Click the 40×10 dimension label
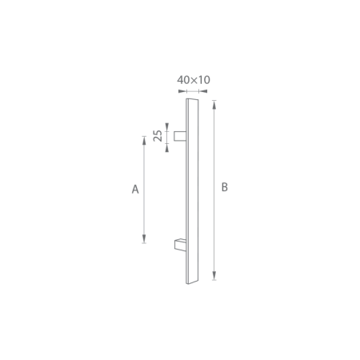click(193, 80)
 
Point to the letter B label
click(225, 187)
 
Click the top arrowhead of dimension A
click(144, 140)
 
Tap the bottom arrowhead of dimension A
click(144, 238)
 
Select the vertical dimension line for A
click(144, 189)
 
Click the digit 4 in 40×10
click(181, 80)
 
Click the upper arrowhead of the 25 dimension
click(167, 126)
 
